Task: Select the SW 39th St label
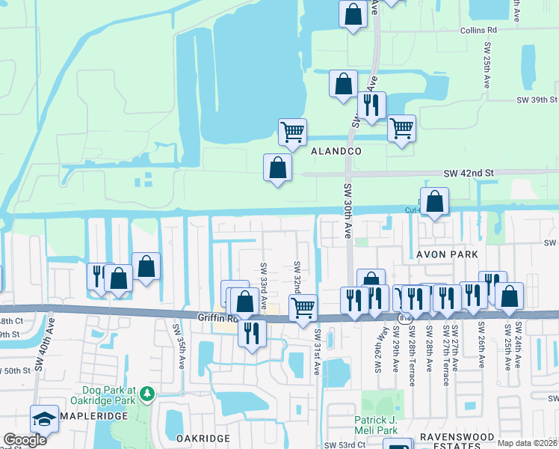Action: point(537,100)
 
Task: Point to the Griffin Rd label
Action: point(217,317)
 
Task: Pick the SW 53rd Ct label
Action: point(345,445)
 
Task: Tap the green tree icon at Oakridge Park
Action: point(148,393)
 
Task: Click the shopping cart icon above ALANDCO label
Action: point(292,132)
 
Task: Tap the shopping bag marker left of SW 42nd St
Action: point(277,168)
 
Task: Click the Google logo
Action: point(25,440)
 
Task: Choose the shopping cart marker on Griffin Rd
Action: point(303,308)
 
